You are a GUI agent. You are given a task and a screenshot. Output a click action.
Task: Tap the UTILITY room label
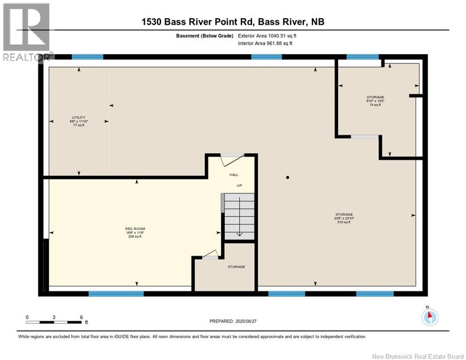(x=78, y=118)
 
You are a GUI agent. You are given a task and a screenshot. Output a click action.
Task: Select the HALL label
(x=233, y=174)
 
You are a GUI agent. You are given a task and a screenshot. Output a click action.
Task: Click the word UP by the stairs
(x=239, y=186)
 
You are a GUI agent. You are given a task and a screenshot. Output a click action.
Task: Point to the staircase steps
(x=239, y=216)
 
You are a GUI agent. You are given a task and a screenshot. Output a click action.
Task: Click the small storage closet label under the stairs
(x=236, y=267)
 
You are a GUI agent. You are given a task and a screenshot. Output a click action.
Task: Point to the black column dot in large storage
(x=288, y=178)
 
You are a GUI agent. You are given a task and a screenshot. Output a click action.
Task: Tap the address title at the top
(x=233, y=22)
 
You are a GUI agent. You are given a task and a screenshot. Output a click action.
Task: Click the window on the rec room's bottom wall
(x=116, y=294)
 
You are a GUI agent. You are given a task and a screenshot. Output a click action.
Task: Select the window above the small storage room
(x=362, y=57)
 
